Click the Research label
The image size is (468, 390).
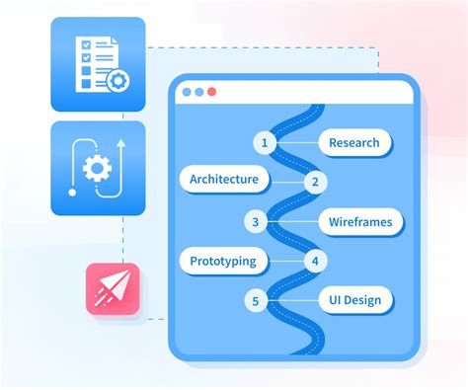[354, 142]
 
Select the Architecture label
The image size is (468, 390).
[223, 179]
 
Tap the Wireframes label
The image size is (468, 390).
[359, 222]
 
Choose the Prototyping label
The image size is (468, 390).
[223, 261]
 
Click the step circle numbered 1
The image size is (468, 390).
[264, 142]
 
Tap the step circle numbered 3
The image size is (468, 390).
[256, 222]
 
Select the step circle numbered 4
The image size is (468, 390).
[315, 262]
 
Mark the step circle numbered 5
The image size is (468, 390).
[256, 300]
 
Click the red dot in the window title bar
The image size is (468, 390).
[211, 92]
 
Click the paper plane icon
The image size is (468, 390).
[112, 288]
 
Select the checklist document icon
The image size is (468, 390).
[94, 61]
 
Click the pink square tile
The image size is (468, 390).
[112, 288]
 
